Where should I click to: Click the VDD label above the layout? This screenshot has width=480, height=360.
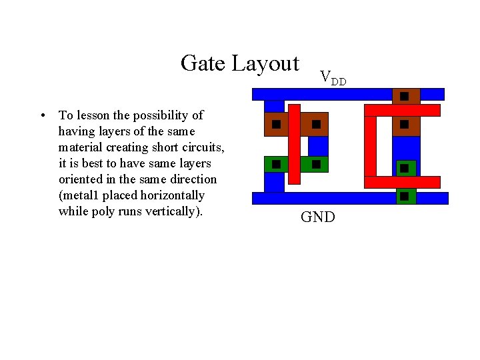(x=333, y=78)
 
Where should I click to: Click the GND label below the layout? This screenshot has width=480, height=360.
(x=318, y=217)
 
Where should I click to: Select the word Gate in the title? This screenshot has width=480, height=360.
(x=203, y=63)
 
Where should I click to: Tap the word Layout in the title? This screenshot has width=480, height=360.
(x=265, y=64)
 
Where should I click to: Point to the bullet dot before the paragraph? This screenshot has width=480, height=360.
(x=42, y=115)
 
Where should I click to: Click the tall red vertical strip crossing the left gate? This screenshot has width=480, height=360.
(x=294, y=143)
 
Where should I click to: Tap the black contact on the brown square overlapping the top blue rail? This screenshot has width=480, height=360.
(x=404, y=96)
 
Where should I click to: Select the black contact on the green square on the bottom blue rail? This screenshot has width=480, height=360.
(x=404, y=196)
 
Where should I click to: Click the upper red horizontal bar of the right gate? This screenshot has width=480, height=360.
(x=402, y=111)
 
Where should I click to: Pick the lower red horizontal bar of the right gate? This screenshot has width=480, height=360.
(x=402, y=182)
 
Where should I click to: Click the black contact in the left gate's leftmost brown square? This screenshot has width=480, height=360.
(x=275, y=124)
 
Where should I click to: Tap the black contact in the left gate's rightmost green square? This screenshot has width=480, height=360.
(x=316, y=163)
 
